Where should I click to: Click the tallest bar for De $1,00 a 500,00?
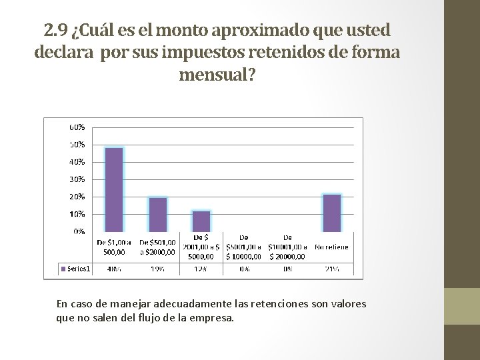pos(115,189)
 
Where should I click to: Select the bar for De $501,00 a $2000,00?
pos(158,214)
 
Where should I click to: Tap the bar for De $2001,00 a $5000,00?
pos(201,221)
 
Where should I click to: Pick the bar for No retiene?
pos(331,213)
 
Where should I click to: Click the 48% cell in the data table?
pos(115,269)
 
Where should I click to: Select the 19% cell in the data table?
pos(158,269)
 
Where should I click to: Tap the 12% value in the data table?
pos(201,269)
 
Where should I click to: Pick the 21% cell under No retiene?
pos(331,269)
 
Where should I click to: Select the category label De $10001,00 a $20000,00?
pos(287,246)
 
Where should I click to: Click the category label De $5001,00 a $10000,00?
pos(245,246)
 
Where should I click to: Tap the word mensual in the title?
pos(216,74)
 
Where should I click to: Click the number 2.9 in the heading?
pos(55,31)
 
